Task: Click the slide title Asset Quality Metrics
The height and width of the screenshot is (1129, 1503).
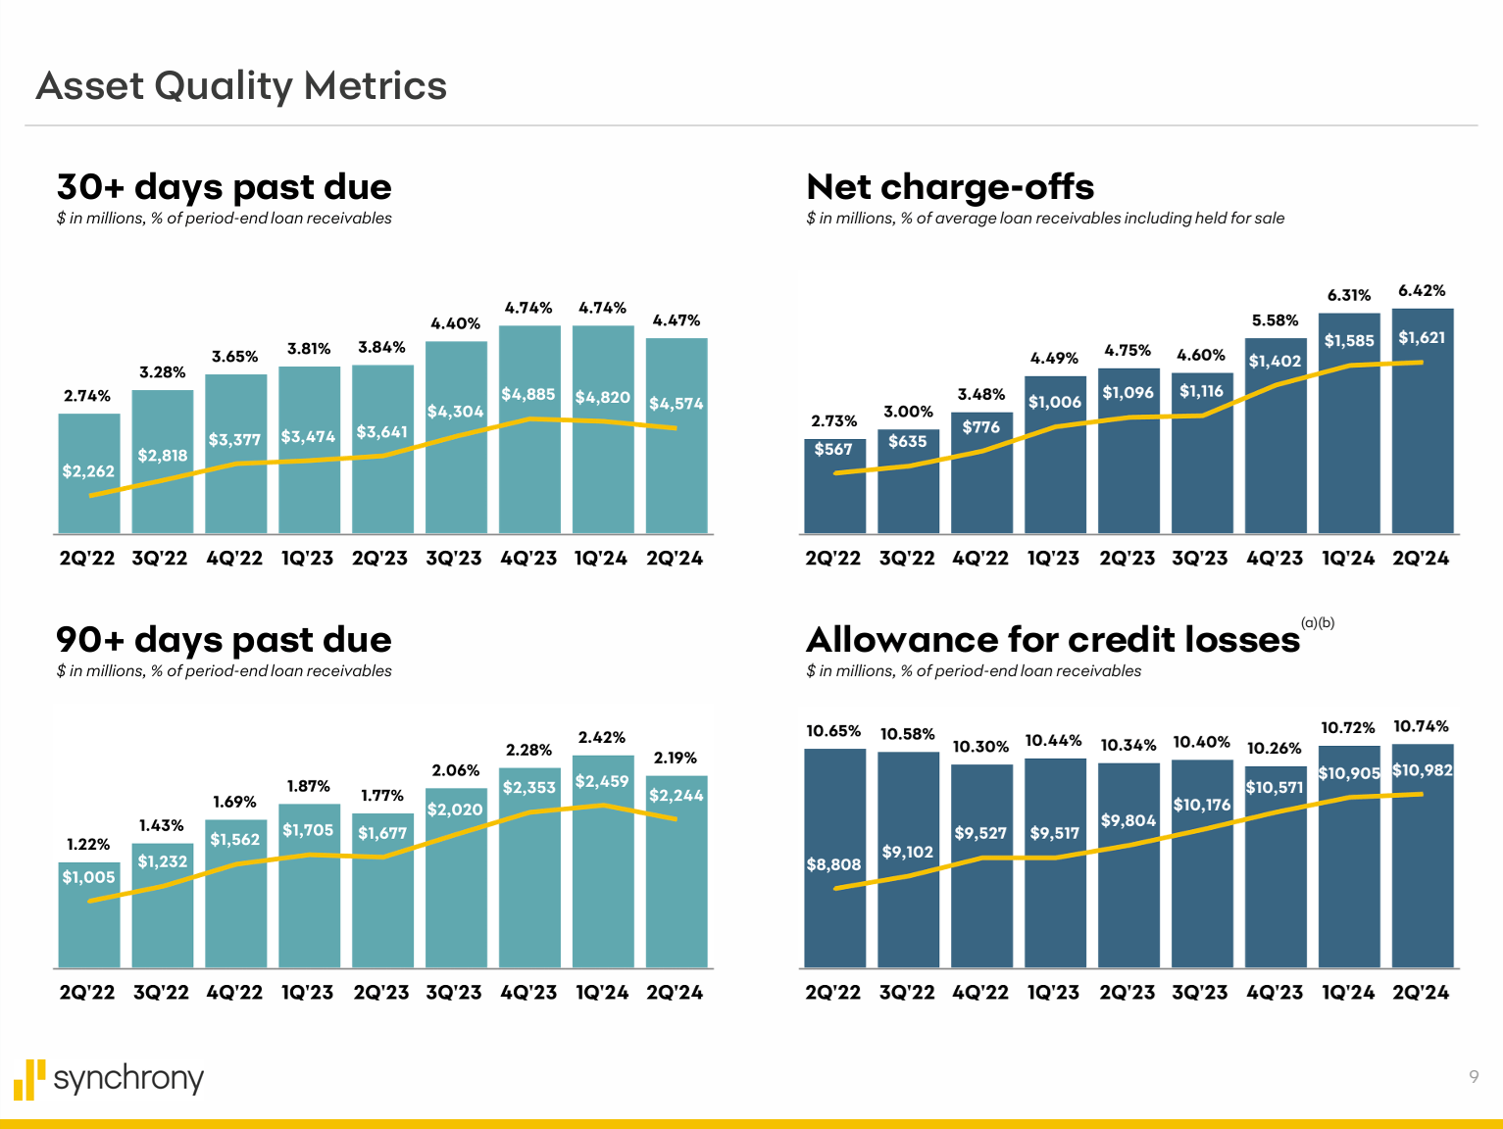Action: (x=241, y=86)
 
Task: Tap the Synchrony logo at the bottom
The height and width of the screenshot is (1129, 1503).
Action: (x=109, y=1078)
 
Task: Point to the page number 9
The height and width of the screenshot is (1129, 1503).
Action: (x=1473, y=1077)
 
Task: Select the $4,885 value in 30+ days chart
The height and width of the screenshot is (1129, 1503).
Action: (x=528, y=394)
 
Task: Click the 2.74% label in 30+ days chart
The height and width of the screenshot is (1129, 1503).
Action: (x=87, y=396)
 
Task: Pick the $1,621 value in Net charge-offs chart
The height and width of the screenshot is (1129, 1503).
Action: (x=1422, y=338)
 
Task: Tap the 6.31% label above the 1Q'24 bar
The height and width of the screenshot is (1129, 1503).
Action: (x=1349, y=295)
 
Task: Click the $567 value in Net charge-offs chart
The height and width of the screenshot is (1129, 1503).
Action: (x=833, y=449)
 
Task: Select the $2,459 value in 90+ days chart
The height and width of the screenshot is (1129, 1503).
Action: (x=602, y=781)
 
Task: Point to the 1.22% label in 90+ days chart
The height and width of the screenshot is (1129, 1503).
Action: (x=88, y=844)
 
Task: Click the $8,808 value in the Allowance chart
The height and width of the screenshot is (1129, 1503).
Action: (x=833, y=864)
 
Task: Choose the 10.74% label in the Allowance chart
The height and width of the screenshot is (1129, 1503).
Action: (x=1421, y=726)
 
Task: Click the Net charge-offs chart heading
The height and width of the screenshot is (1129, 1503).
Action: (x=949, y=187)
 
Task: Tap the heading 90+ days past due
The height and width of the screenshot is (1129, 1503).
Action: (x=224, y=640)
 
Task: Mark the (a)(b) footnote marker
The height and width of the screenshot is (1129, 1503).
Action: (x=1318, y=623)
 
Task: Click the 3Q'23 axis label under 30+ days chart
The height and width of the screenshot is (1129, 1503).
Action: (x=454, y=559)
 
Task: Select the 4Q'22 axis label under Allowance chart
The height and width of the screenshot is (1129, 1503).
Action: (x=980, y=993)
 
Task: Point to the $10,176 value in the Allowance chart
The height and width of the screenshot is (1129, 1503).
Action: (x=1202, y=805)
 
